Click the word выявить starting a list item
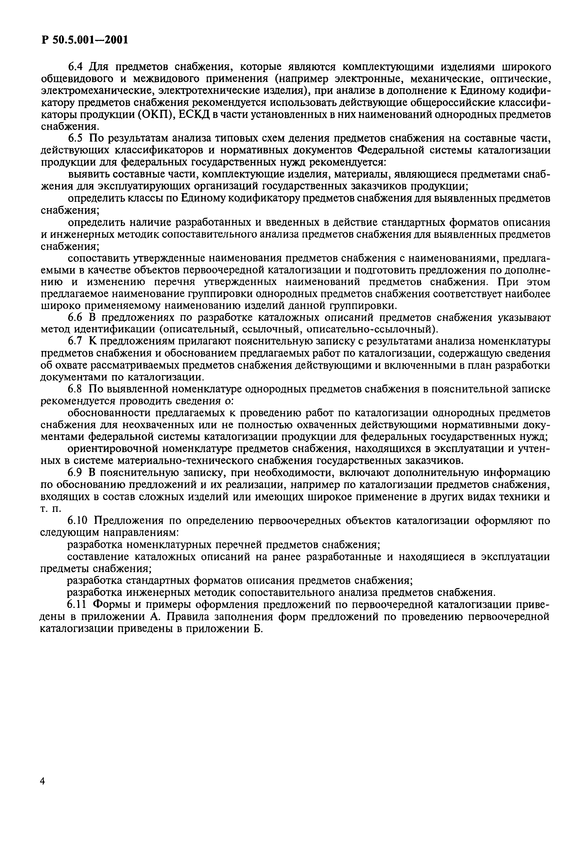(88, 174)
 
